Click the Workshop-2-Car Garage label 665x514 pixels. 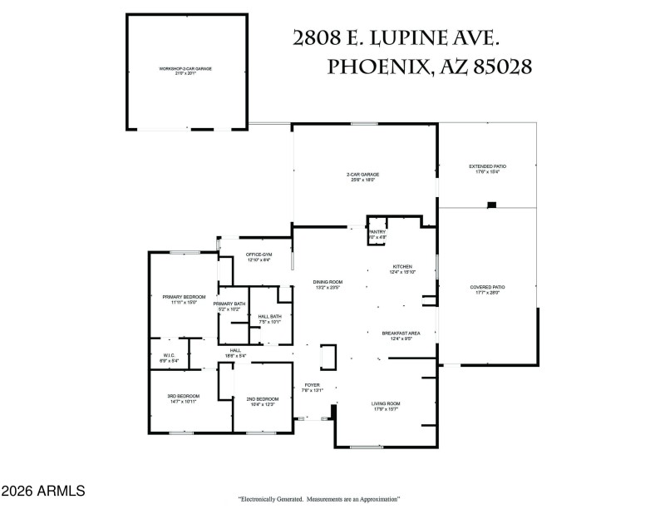(x=185, y=68)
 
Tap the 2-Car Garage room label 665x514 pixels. (x=362, y=175)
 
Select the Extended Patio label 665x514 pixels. (x=488, y=166)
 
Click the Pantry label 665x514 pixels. (x=377, y=232)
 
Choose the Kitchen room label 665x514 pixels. (x=402, y=267)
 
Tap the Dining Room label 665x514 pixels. (x=328, y=282)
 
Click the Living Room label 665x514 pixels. (x=386, y=404)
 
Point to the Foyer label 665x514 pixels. (x=312, y=385)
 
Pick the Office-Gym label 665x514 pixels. (x=259, y=254)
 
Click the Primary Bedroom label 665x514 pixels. (x=184, y=297)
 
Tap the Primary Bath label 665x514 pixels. (x=229, y=304)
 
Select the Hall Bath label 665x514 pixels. (x=269, y=317)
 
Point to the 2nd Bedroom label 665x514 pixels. (x=263, y=399)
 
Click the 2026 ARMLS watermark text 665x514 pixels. (x=43, y=492)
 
